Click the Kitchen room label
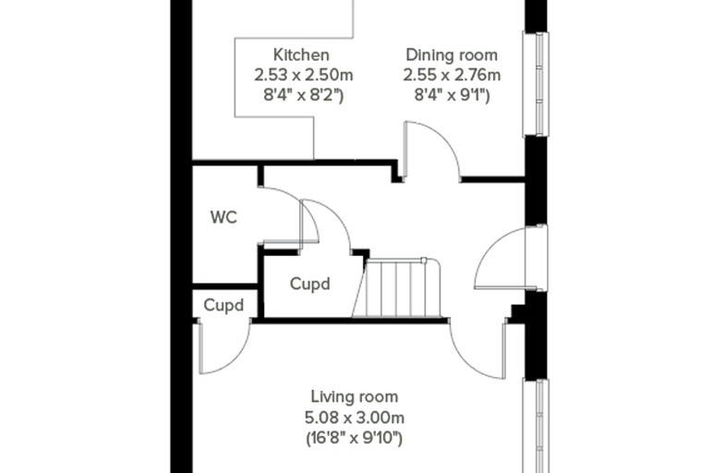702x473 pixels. click(x=301, y=55)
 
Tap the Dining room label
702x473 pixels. click(x=452, y=55)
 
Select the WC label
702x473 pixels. click(x=224, y=217)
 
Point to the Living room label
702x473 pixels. click(x=354, y=396)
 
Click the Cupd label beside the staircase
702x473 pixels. click(x=309, y=284)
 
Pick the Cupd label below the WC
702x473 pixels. click(x=224, y=305)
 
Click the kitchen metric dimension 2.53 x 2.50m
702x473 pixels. click(x=304, y=75)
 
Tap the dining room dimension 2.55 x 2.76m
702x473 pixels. click(x=452, y=75)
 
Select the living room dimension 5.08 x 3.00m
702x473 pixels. click(x=354, y=418)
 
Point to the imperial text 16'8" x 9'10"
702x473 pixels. click(x=354, y=438)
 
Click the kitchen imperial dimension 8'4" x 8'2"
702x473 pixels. click(x=304, y=95)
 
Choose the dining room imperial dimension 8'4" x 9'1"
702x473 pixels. click(x=452, y=95)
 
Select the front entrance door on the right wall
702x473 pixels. click(x=511, y=258)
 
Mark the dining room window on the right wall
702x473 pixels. click(x=536, y=84)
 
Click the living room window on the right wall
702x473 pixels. click(x=536, y=426)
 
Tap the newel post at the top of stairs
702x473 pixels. click(x=424, y=261)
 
